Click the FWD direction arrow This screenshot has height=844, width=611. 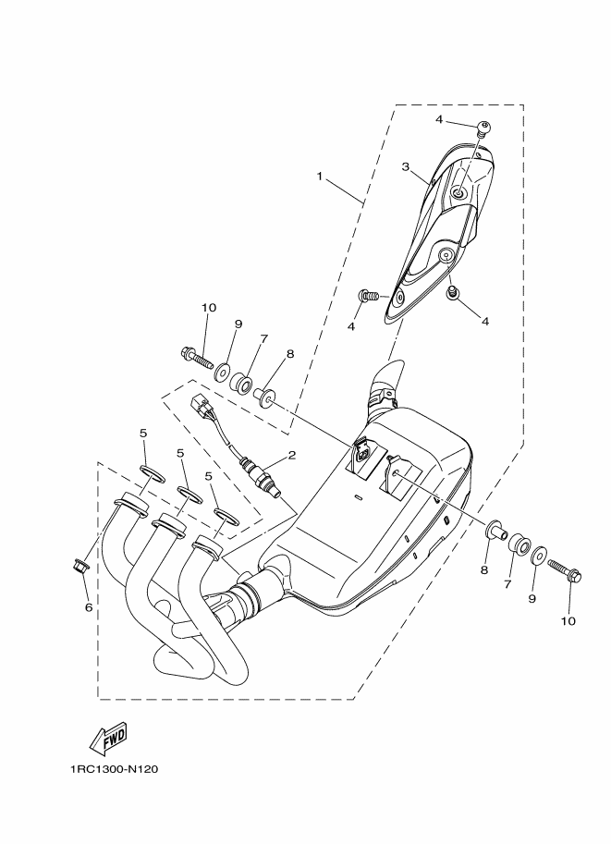coord(108,737)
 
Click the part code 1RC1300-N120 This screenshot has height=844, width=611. coord(106,768)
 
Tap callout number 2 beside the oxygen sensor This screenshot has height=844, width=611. coord(291,455)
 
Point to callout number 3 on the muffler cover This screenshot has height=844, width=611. coord(405,166)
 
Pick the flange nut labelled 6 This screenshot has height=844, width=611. coord(79,565)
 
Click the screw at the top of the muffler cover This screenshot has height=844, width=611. coord(482,128)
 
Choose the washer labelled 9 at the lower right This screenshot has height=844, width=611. coord(540,557)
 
